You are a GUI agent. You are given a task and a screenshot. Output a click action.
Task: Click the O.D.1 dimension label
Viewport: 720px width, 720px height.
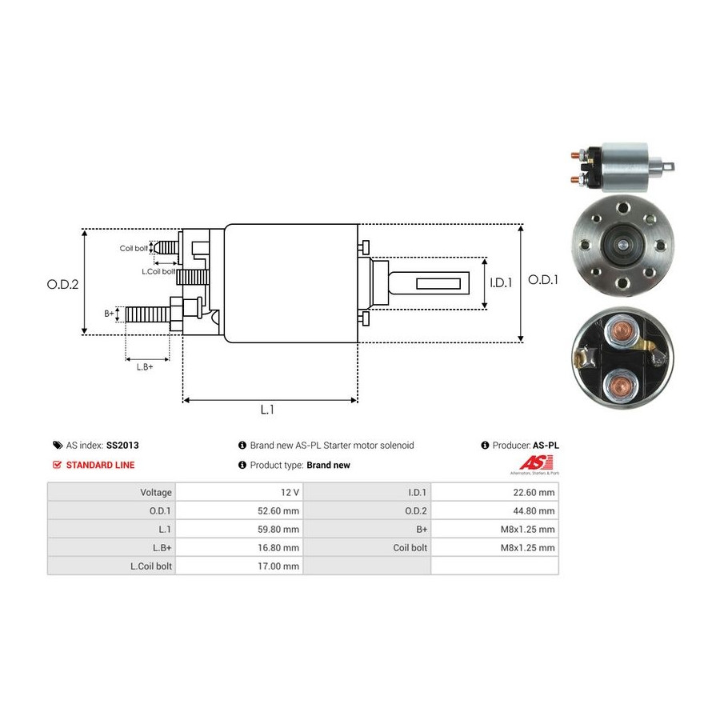(544, 280)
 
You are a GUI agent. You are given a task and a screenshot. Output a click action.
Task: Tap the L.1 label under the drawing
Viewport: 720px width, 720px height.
(267, 410)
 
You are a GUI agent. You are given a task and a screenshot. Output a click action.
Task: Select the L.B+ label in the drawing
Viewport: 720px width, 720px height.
(144, 366)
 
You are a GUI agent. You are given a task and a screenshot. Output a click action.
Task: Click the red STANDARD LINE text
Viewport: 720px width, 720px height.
(100, 465)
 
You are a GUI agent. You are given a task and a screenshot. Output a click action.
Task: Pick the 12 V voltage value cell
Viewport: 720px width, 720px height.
(289, 492)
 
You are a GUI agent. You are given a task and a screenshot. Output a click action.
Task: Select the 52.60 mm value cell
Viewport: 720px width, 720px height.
(280, 510)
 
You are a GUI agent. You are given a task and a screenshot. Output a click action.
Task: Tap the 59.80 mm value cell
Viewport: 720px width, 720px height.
(280, 529)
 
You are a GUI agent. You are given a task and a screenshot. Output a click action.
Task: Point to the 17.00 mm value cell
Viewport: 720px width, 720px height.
(280, 566)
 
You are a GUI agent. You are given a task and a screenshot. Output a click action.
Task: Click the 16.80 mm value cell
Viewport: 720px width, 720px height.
(280, 547)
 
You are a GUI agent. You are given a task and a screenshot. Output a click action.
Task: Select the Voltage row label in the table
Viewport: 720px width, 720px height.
(155, 492)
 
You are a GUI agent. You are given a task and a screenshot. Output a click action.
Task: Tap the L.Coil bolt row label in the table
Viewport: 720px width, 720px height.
(151, 566)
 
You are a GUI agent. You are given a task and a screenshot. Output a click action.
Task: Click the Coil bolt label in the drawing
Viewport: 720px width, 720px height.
(134, 248)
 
